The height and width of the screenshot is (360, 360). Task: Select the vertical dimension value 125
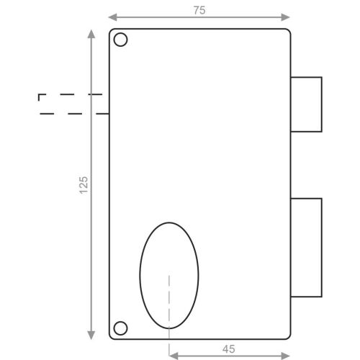coord(84,184)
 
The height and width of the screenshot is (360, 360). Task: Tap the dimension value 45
coord(228,348)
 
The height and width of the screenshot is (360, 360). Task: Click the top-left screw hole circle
coord(121,40)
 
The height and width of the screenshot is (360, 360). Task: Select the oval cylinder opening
coord(168,274)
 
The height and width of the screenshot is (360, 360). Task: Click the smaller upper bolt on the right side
coord(306,104)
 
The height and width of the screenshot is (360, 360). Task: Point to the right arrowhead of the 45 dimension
coord(286,354)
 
